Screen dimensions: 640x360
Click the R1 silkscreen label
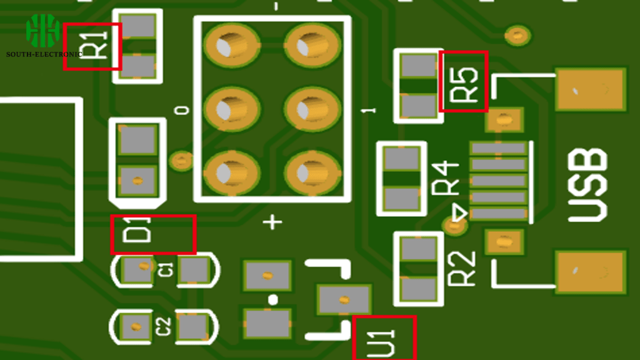coord(94,45)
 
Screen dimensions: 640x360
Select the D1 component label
coord(137,230)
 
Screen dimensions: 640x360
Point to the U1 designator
coord(381,343)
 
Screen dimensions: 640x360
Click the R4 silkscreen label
coord(445,178)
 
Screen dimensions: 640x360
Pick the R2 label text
coord(462,268)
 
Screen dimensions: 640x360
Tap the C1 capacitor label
coord(166,270)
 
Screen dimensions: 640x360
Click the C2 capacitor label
coord(163,326)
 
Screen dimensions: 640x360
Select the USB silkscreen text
coord(587,185)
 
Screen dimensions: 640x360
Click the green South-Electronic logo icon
coord(42,31)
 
